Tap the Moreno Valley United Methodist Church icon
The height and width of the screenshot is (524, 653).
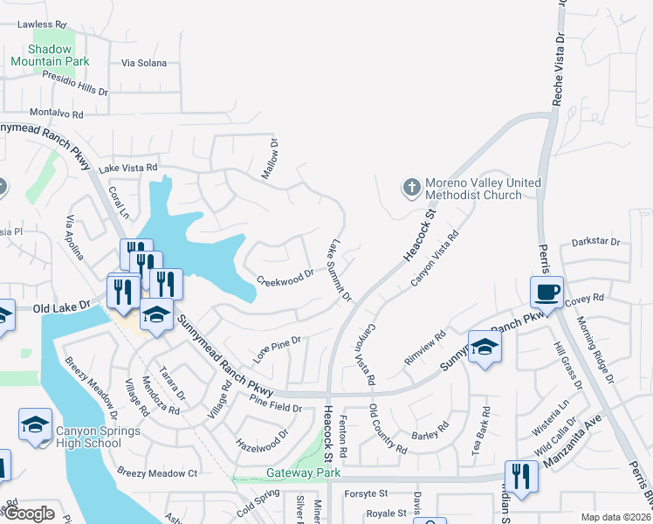(x=411, y=188)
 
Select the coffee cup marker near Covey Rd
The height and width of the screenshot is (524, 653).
(x=546, y=292)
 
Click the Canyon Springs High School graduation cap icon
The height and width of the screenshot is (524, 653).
(x=35, y=425)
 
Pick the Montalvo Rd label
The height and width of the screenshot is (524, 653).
(x=56, y=114)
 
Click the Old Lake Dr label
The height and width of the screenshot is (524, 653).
(x=62, y=307)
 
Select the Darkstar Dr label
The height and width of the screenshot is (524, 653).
(x=595, y=242)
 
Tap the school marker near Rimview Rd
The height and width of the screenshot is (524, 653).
(x=485, y=348)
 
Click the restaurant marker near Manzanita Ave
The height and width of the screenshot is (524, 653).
(x=521, y=477)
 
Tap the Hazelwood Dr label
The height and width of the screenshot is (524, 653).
(x=262, y=440)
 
